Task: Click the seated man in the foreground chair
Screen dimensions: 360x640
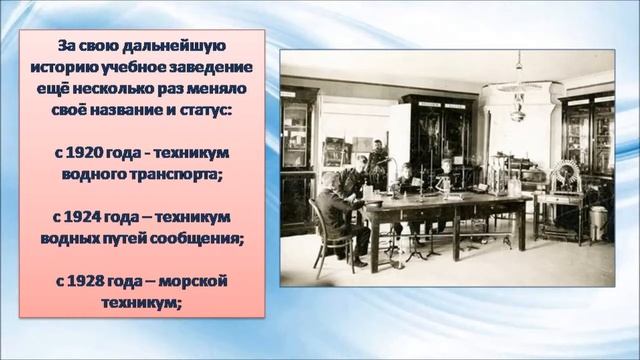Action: click(333, 210)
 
